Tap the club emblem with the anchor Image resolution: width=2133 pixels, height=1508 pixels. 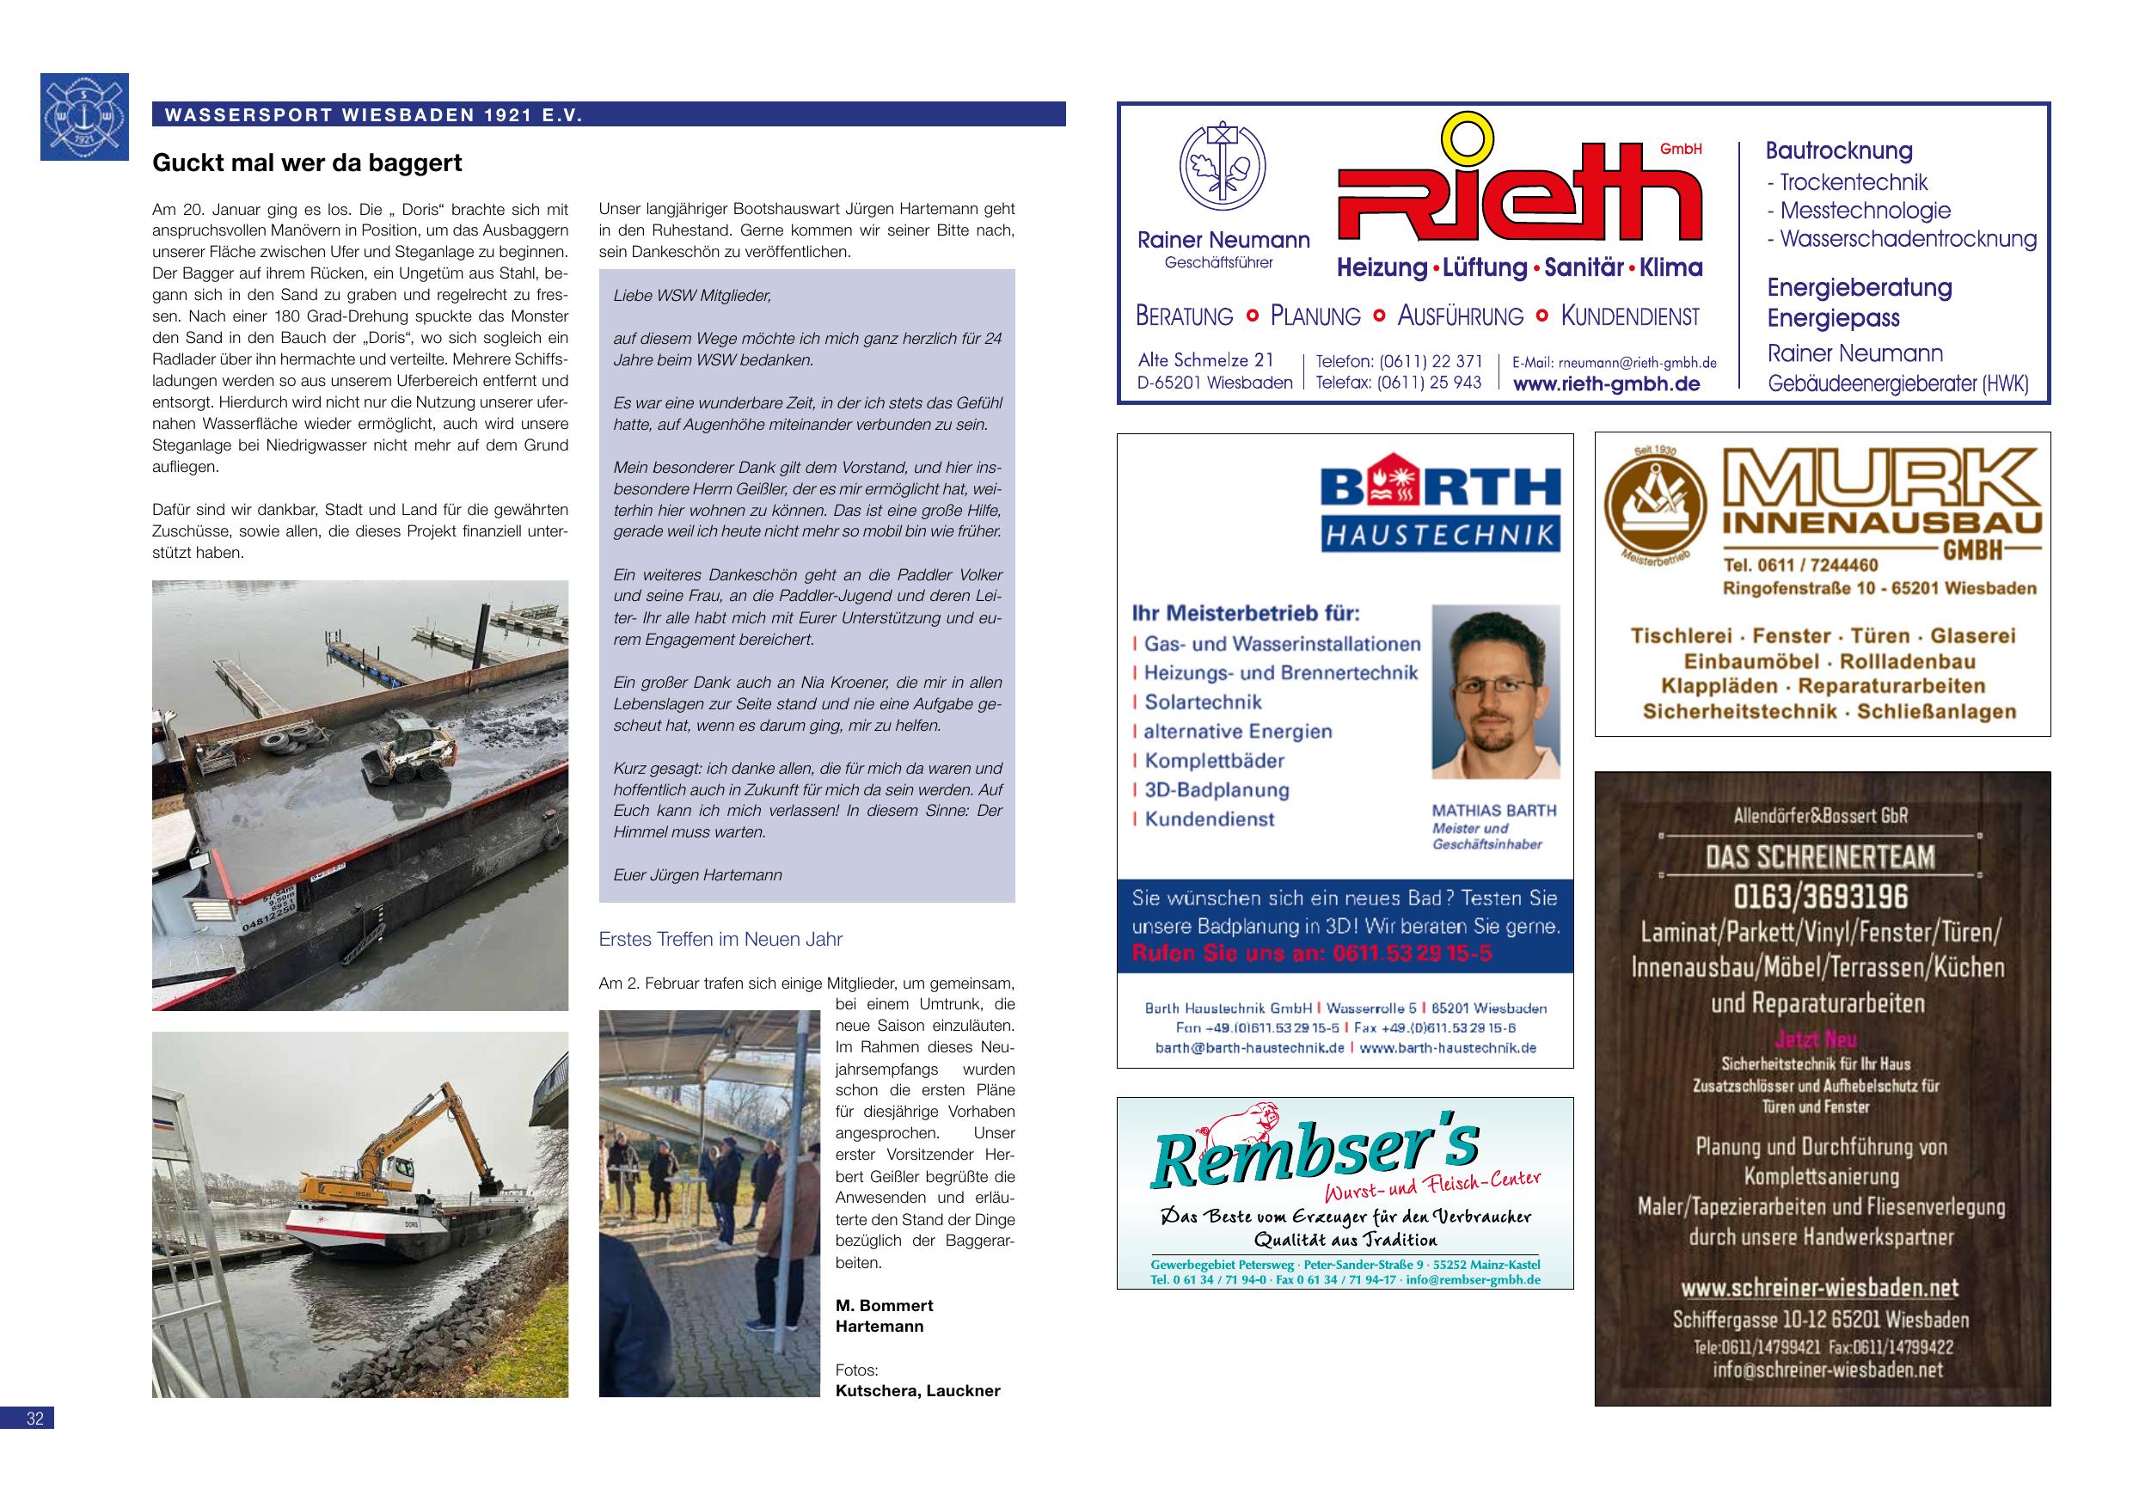pos(84,116)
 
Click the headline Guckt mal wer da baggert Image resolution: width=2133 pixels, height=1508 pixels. pos(307,163)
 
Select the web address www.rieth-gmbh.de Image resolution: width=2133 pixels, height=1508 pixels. pos(1606,383)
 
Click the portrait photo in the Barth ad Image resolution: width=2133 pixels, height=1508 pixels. pos(1495,691)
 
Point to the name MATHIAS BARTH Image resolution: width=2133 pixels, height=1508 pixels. pos(1494,810)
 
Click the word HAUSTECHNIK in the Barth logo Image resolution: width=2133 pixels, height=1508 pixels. pos(1440,534)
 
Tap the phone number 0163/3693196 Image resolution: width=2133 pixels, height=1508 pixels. pos(1820,898)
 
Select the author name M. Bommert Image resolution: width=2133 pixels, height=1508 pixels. pos(884,1305)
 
